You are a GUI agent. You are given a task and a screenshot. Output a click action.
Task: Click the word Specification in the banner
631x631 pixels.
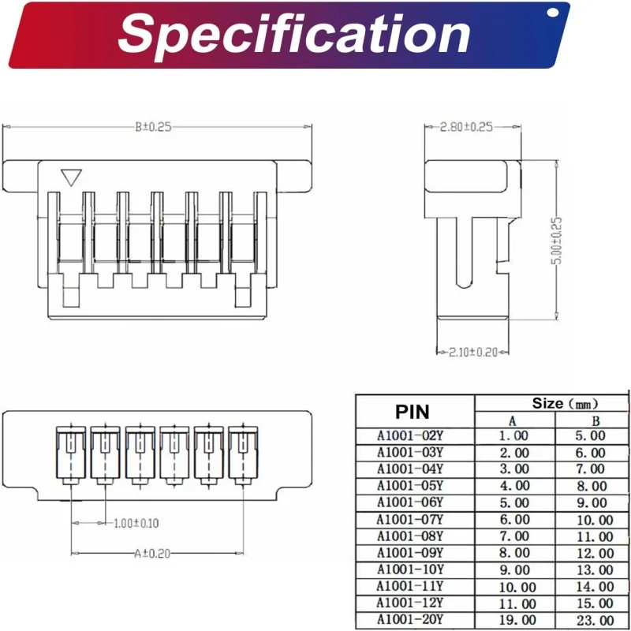(295, 35)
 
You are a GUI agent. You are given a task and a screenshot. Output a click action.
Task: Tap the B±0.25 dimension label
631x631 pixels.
(153, 126)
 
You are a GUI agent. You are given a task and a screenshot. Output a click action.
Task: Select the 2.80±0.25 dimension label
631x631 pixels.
(466, 126)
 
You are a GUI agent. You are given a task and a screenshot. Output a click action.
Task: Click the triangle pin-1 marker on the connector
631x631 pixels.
(72, 177)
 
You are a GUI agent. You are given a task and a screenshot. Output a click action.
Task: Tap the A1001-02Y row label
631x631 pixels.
(410, 435)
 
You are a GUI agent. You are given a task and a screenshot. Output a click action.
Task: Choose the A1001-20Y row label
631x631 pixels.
(410, 620)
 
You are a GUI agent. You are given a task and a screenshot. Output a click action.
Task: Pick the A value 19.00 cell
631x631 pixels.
(514, 620)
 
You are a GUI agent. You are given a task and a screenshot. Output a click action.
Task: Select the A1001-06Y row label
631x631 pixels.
(410, 502)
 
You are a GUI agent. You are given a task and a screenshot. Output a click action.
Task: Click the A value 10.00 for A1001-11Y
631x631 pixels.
(514, 587)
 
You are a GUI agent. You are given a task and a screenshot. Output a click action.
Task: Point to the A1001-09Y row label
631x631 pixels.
(410, 553)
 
